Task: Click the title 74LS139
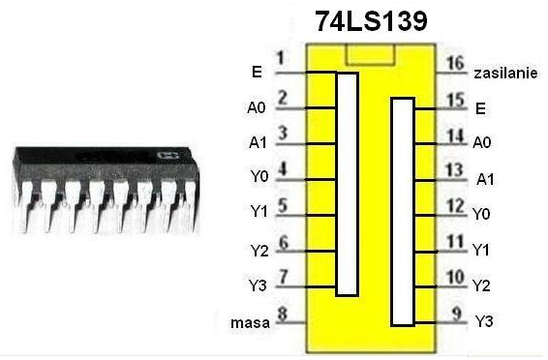[x=371, y=21]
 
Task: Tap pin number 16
[x=455, y=63]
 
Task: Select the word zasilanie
[x=505, y=74]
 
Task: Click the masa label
[x=250, y=323]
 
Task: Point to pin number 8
[x=283, y=314]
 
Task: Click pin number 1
[x=280, y=58]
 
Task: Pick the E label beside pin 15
[x=480, y=109]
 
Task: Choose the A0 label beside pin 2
[x=257, y=107]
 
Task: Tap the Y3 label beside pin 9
[x=484, y=321]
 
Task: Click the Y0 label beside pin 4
[x=259, y=177]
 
